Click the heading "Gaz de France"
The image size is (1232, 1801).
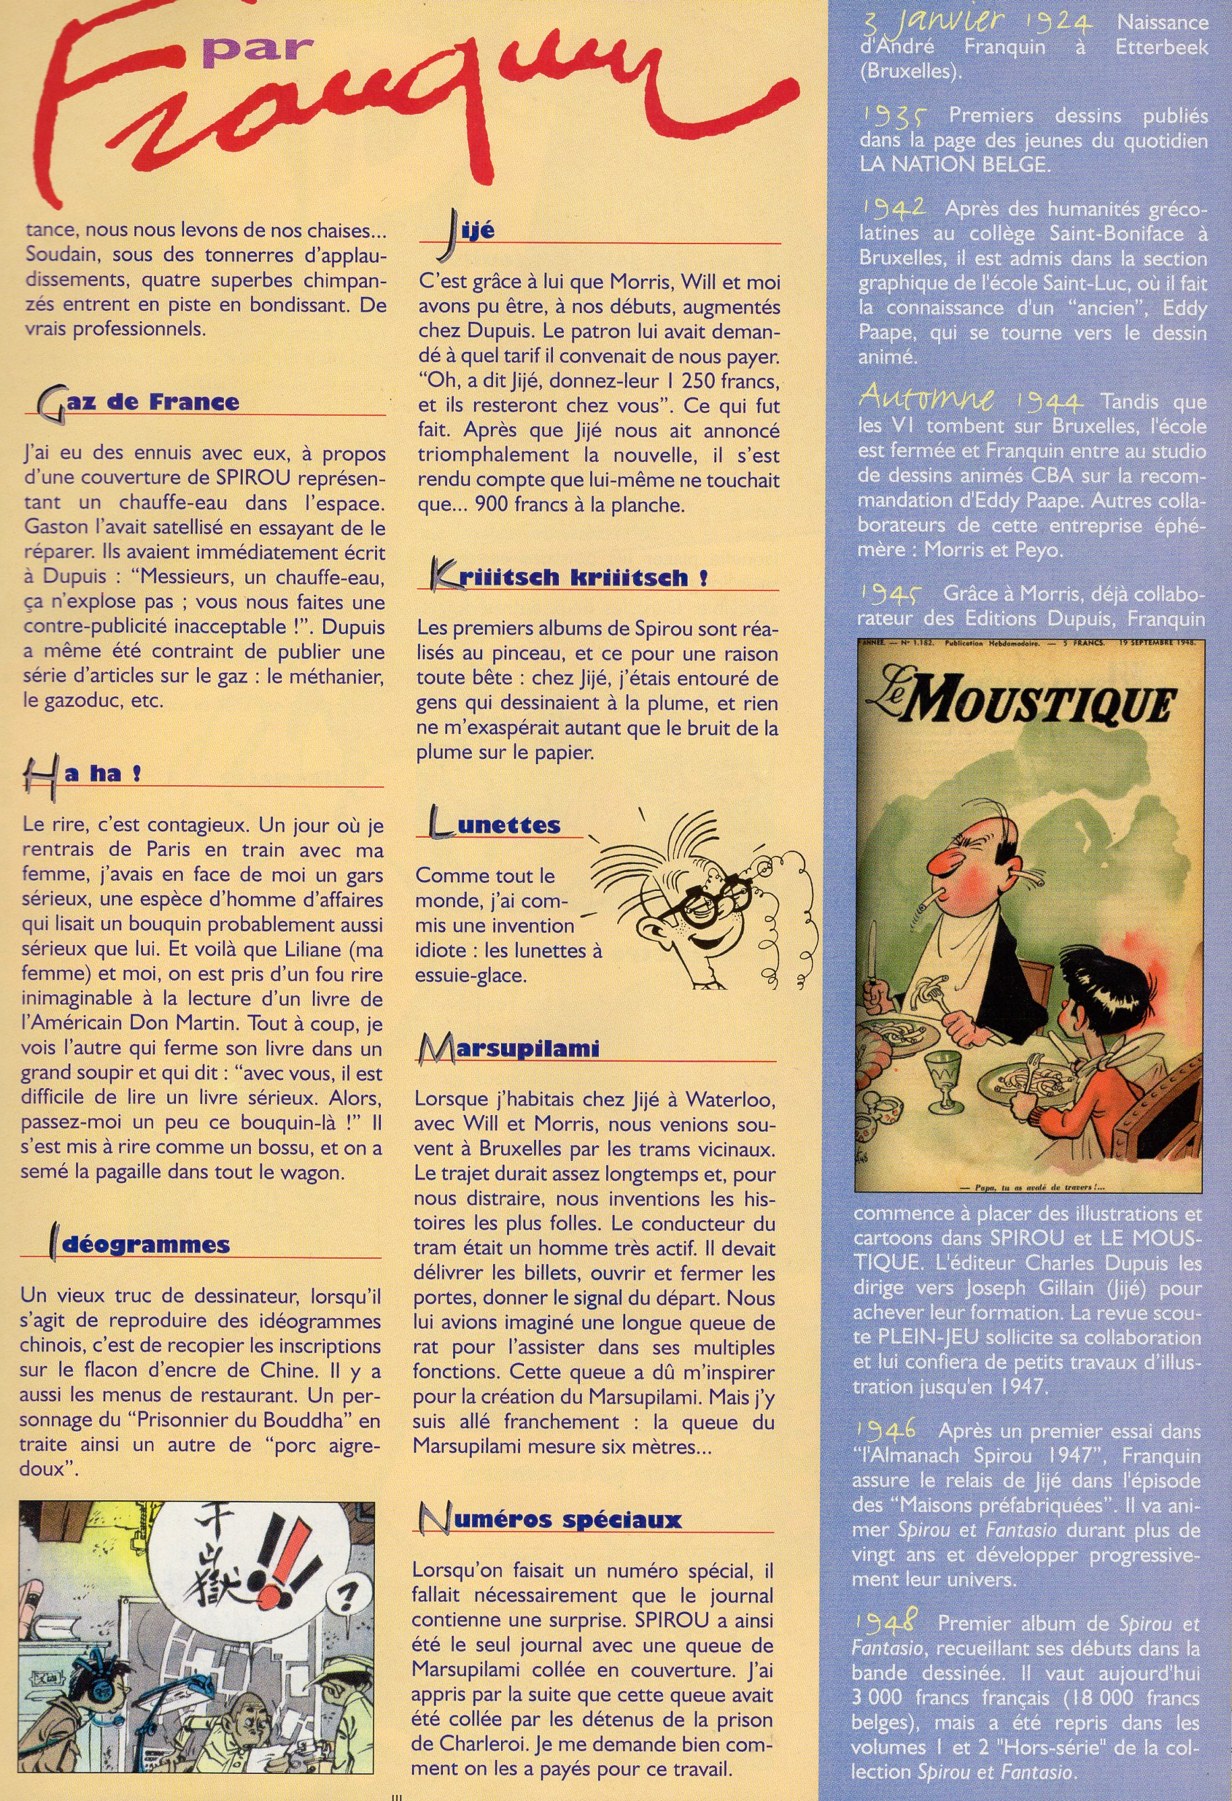[x=140, y=402]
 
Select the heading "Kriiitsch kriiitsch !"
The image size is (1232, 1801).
[x=570, y=577]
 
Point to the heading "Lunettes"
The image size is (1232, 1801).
[x=496, y=824]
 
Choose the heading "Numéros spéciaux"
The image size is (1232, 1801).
[x=550, y=1520]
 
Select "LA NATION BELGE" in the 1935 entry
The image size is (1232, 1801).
[x=955, y=165]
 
